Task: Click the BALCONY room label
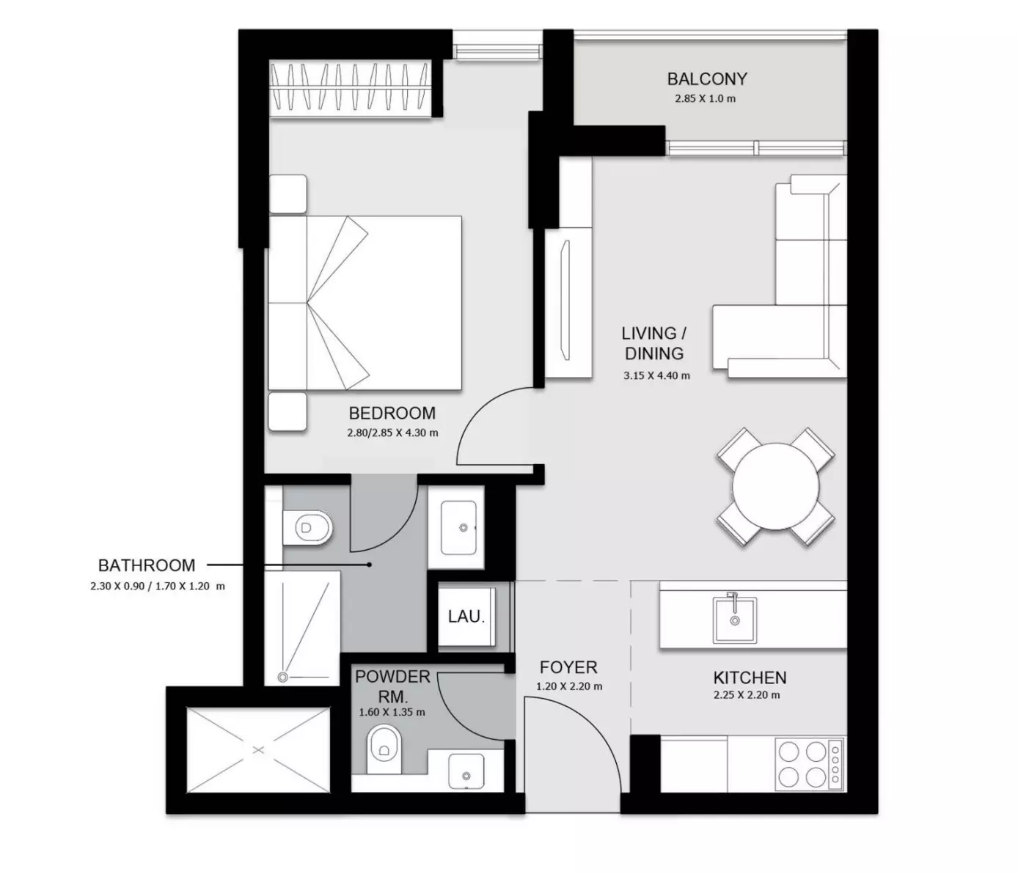coord(707,78)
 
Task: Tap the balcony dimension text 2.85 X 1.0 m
coord(706,98)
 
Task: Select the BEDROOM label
coord(392,413)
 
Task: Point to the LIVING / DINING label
coord(654,343)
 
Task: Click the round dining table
coord(775,486)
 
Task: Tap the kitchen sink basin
coord(734,620)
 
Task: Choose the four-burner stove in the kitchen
coord(809,764)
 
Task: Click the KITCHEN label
coord(750,678)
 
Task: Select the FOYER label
coord(568,667)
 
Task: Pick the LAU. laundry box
coord(466,616)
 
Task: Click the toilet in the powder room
coord(384,749)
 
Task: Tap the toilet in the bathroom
coord(307,528)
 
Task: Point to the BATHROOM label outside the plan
coord(147,565)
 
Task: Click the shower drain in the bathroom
coord(282,677)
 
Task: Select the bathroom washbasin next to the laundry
coord(458,528)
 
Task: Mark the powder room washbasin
coord(466,771)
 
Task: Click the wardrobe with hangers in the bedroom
coord(351,88)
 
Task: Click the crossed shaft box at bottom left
coord(258,750)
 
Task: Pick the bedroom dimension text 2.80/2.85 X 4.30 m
coord(392,433)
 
